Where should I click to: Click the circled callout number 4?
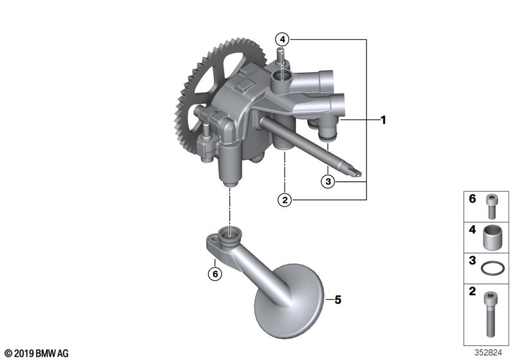(x=282, y=40)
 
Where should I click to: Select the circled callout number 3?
(x=328, y=181)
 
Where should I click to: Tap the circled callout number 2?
(x=285, y=199)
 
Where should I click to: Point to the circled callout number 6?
(x=215, y=273)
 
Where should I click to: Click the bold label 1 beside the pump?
(x=383, y=120)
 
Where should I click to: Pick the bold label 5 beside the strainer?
(x=338, y=300)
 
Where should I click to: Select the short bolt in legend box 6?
(x=491, y=206)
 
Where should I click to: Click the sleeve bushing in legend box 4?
(x=491, y=238)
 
